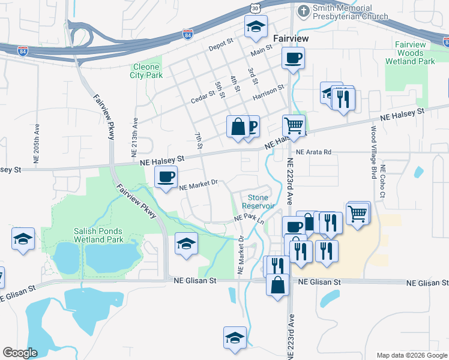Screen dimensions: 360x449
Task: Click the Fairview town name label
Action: [x=291, y=38]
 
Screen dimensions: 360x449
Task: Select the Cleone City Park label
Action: [x=145, y=71]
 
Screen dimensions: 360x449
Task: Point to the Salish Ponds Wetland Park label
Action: [x=98, y=235]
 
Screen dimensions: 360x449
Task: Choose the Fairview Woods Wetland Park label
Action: [x=415, y=53]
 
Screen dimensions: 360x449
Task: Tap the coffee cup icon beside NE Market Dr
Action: [x=166, y=176]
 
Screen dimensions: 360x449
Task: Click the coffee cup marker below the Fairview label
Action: [x=293, y=58]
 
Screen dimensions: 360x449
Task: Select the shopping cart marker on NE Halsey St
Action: [x=293, y=126]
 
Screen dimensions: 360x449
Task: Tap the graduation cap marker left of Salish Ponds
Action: [x=23, y=238]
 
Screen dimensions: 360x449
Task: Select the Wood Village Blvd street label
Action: [x=373, y=154]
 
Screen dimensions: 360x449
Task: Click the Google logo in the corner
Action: [x=20, y=353]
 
